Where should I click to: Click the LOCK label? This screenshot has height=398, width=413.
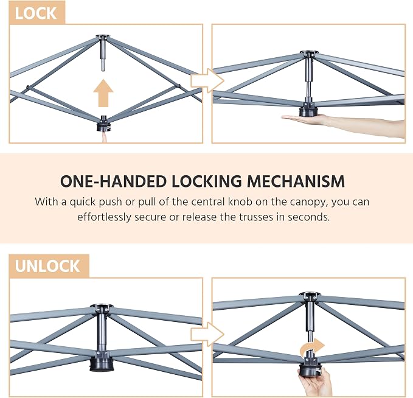point(36,13)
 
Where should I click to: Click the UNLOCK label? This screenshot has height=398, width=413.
point(47,266)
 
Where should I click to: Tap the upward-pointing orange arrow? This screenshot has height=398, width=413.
point(103,93)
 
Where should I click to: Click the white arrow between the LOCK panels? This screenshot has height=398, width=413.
point(207,81)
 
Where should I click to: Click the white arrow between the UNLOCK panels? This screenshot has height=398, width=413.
point(207,334)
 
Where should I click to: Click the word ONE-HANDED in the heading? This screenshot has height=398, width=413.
point(113,181)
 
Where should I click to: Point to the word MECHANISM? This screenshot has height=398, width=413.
point(296,181)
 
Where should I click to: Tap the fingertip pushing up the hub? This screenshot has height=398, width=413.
point(105,137)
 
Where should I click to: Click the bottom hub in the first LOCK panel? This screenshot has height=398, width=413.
point(104,124)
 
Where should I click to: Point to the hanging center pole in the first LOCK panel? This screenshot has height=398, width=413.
point(102,54)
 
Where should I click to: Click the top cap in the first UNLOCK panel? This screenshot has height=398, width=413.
point(102,307)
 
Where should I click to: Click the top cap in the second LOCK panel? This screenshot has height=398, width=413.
point(309,54)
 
